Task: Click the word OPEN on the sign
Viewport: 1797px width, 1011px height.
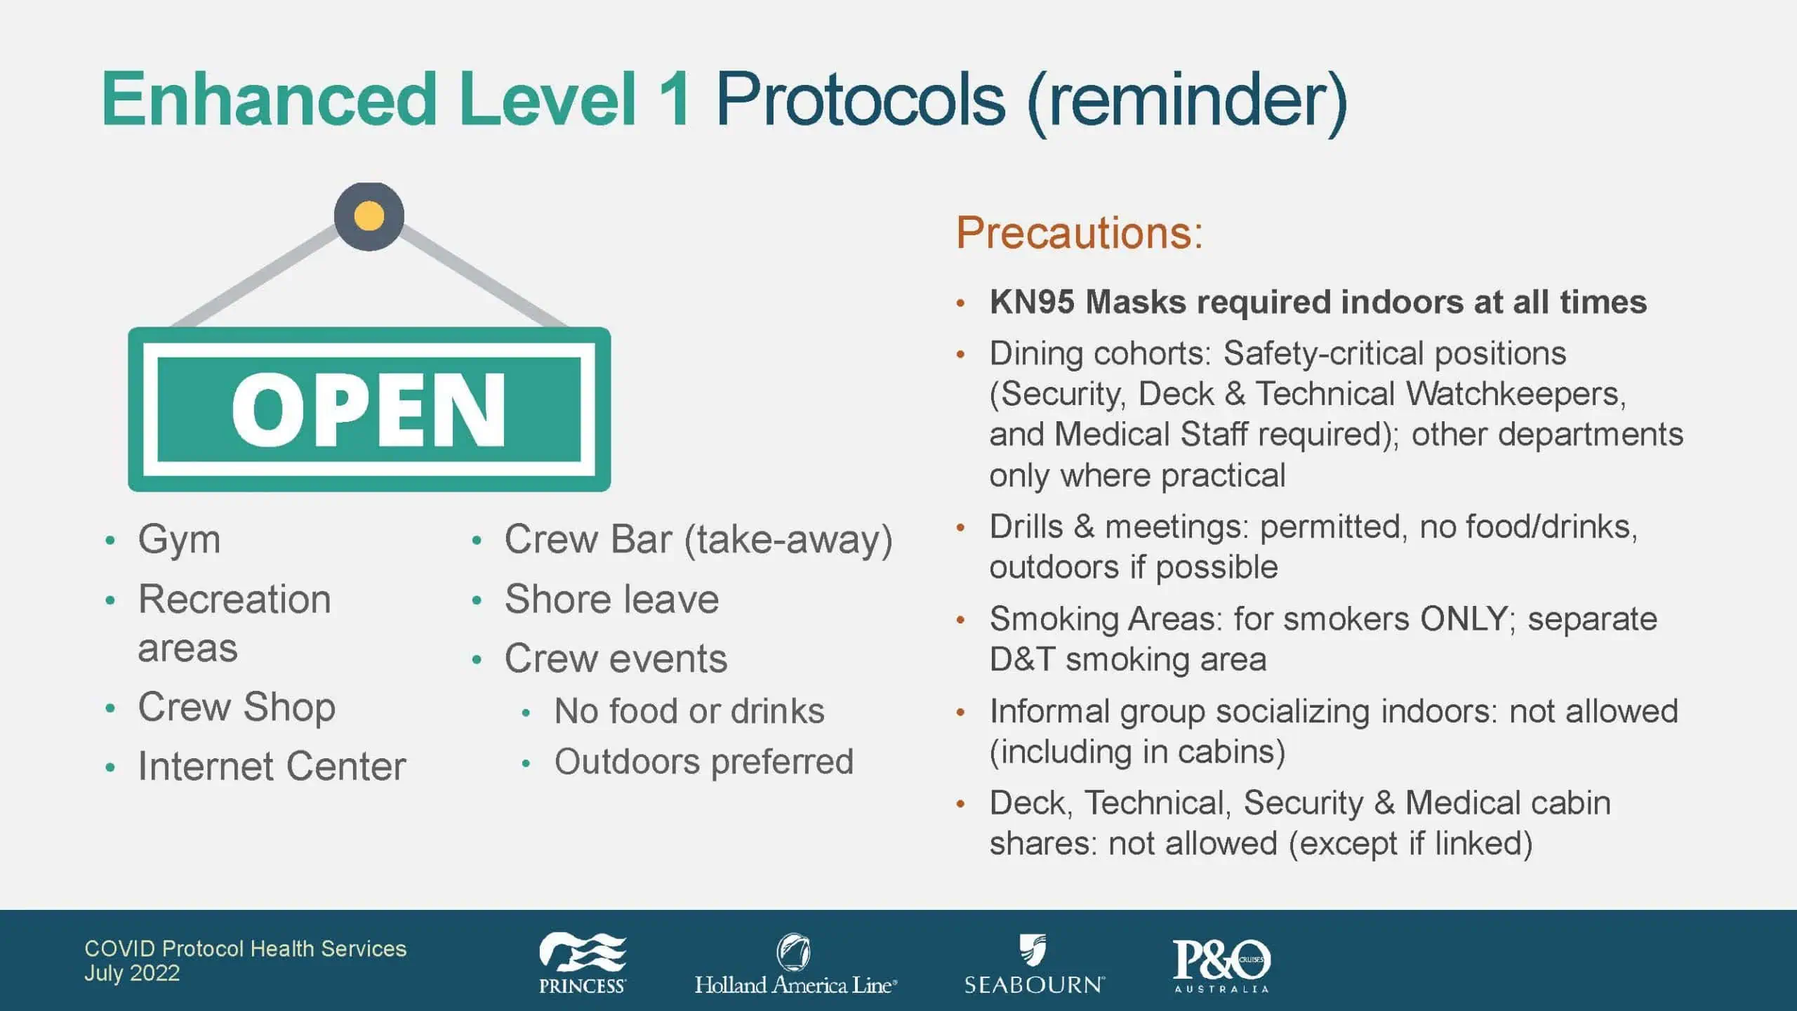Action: click(369, 409)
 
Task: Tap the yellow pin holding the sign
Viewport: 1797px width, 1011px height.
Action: click(369, 216)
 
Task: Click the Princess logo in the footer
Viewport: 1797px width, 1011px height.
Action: click(582, 963)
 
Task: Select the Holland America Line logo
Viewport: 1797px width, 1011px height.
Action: click(795, 965)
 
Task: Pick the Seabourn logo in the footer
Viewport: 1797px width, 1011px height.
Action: click(1034, 964)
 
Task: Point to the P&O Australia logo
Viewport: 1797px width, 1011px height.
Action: click(1221, 965)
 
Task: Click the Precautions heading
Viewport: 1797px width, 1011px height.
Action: click(1080, 232)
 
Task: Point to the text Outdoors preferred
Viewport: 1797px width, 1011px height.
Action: click(704, 762)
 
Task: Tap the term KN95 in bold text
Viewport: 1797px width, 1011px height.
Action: click(1032, 303)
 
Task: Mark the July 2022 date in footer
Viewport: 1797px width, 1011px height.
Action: click(132, 974)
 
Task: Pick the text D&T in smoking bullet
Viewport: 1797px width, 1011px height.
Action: click(1022, 660)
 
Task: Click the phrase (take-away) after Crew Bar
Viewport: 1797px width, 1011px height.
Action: click(788, 541)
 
